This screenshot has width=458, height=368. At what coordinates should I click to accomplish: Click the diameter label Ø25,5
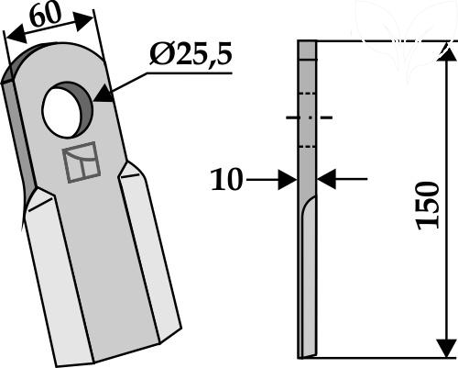pyautogui.click(x=191, y=55)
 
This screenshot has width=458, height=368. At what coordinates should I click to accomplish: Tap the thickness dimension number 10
pyautogui.click(x=226, y=179)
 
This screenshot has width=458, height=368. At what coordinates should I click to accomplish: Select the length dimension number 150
pyautogui.click(x=429, y=206)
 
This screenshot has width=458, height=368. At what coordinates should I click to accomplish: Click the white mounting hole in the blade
pyautogui.click(x=62, y=113)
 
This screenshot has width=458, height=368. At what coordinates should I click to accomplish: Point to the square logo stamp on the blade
pyautogui.click(x=81, y=162)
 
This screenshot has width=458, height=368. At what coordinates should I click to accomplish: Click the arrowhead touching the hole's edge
pyautogui.click(x=104, y=95)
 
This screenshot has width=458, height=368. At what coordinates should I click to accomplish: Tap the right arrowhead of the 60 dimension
pyautogui.click(x=83, y=21)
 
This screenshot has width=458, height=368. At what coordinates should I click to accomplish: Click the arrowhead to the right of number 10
pyautogui.click(x=288, y=180)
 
